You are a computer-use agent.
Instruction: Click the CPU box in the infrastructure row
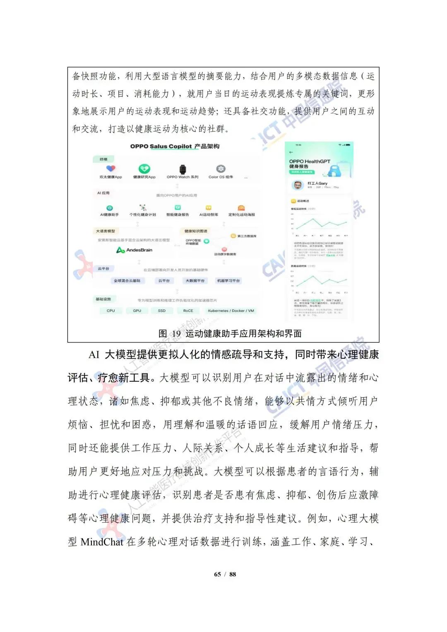click(x=111, y=311)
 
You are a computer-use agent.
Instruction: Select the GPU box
click(x=137, y=311)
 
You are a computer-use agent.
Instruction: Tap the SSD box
click(x=162, y=311)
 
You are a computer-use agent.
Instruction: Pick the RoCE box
click(x=188, y=311)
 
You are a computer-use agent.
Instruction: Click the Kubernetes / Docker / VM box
click(x=231, y=311)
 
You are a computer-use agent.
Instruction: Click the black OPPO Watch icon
click(x=183, y=169)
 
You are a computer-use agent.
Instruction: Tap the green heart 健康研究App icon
click(x=144, y=169)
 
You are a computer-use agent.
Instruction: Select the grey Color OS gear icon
click(x=221, y=169)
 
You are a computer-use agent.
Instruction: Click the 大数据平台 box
click(x=195, y=281)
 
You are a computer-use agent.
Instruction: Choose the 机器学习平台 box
click(x=228, y=281)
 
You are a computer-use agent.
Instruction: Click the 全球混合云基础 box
click(x=127, y=281)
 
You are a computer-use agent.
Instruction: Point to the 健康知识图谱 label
click(x=196, y=231)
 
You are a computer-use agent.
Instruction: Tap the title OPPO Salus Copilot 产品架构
click(x=175, y=146)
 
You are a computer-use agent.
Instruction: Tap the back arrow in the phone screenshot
click(x=291, y=152)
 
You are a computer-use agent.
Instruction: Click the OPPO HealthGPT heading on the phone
click(x=310, y=161)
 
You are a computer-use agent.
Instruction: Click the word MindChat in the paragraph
click(x=102, y=542)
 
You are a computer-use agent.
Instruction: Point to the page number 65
click(x=218, y=574)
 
